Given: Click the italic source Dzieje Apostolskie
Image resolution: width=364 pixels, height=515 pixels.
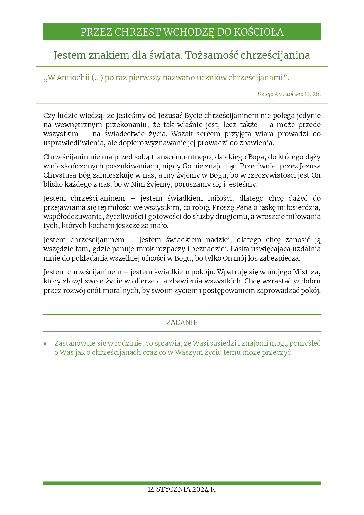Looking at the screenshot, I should coord(280,94).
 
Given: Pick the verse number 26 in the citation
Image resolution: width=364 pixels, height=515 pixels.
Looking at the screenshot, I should coord(316,94).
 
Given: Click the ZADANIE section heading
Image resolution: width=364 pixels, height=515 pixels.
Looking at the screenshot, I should coord(182,322).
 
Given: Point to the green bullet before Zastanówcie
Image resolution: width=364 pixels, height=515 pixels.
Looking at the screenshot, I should coord(45,344).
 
